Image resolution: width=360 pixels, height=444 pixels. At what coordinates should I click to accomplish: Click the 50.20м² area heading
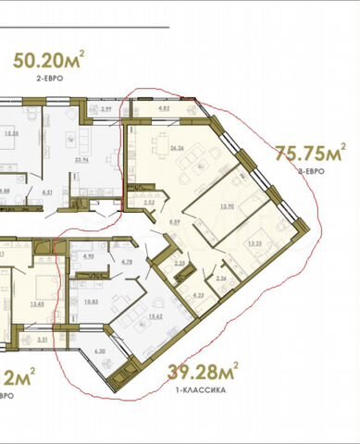point(49,62)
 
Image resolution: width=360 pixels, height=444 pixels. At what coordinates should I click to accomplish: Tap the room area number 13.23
point(254,243)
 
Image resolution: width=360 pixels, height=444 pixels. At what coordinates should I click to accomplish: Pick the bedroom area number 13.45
point(38,302)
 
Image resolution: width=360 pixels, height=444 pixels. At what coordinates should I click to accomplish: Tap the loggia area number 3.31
point(43,339)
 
